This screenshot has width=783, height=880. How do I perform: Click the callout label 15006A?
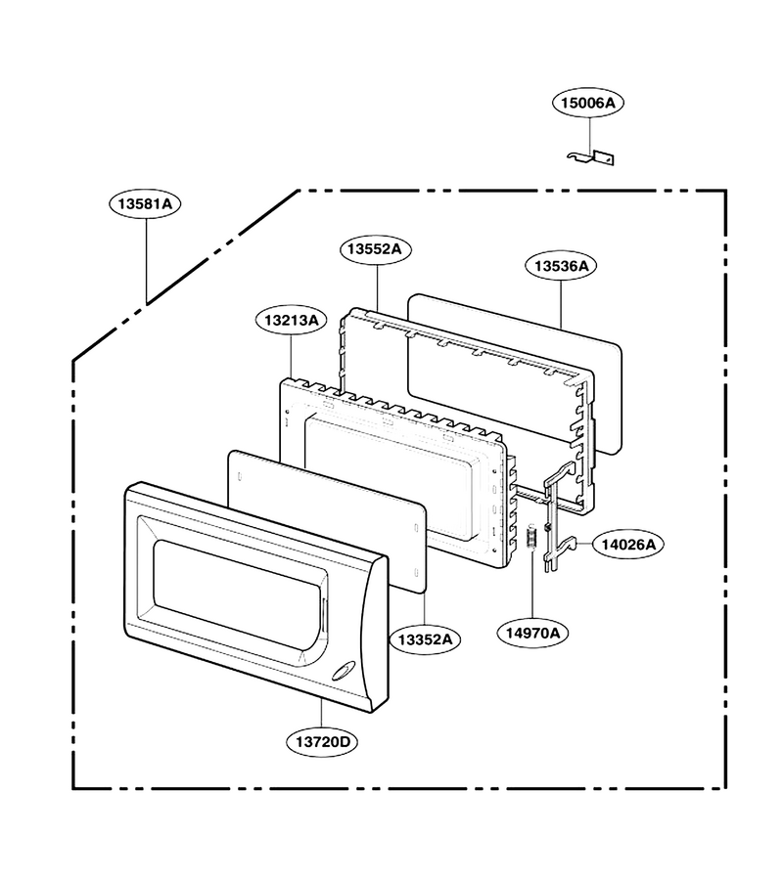click(x=588, y=103)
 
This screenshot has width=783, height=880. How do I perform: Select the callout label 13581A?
click(x=145, y=203)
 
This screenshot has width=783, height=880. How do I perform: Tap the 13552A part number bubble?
click(x=375, y=249)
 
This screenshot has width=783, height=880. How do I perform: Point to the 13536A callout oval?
click(x=561, y=265)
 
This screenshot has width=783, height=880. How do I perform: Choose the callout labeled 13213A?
click(x=291, y=321)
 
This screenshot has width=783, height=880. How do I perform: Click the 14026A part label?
click(x=628, y=545)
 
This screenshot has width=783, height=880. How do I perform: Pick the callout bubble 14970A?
click(x=532, y=633)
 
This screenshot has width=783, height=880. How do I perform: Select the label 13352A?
click(x=425, y=639)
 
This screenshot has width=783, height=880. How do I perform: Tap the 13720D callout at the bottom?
click(x=322, y=742)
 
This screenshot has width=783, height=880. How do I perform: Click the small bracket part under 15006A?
click(x=591, y=158)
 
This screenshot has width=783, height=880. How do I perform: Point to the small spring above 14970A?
click(x=530, y=538)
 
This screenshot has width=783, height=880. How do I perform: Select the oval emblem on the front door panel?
click(x=340, y=671)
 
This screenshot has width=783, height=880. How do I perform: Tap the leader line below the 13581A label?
click(x=147, y=261)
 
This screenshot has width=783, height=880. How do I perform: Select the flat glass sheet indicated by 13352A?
click(x=327, y=520)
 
